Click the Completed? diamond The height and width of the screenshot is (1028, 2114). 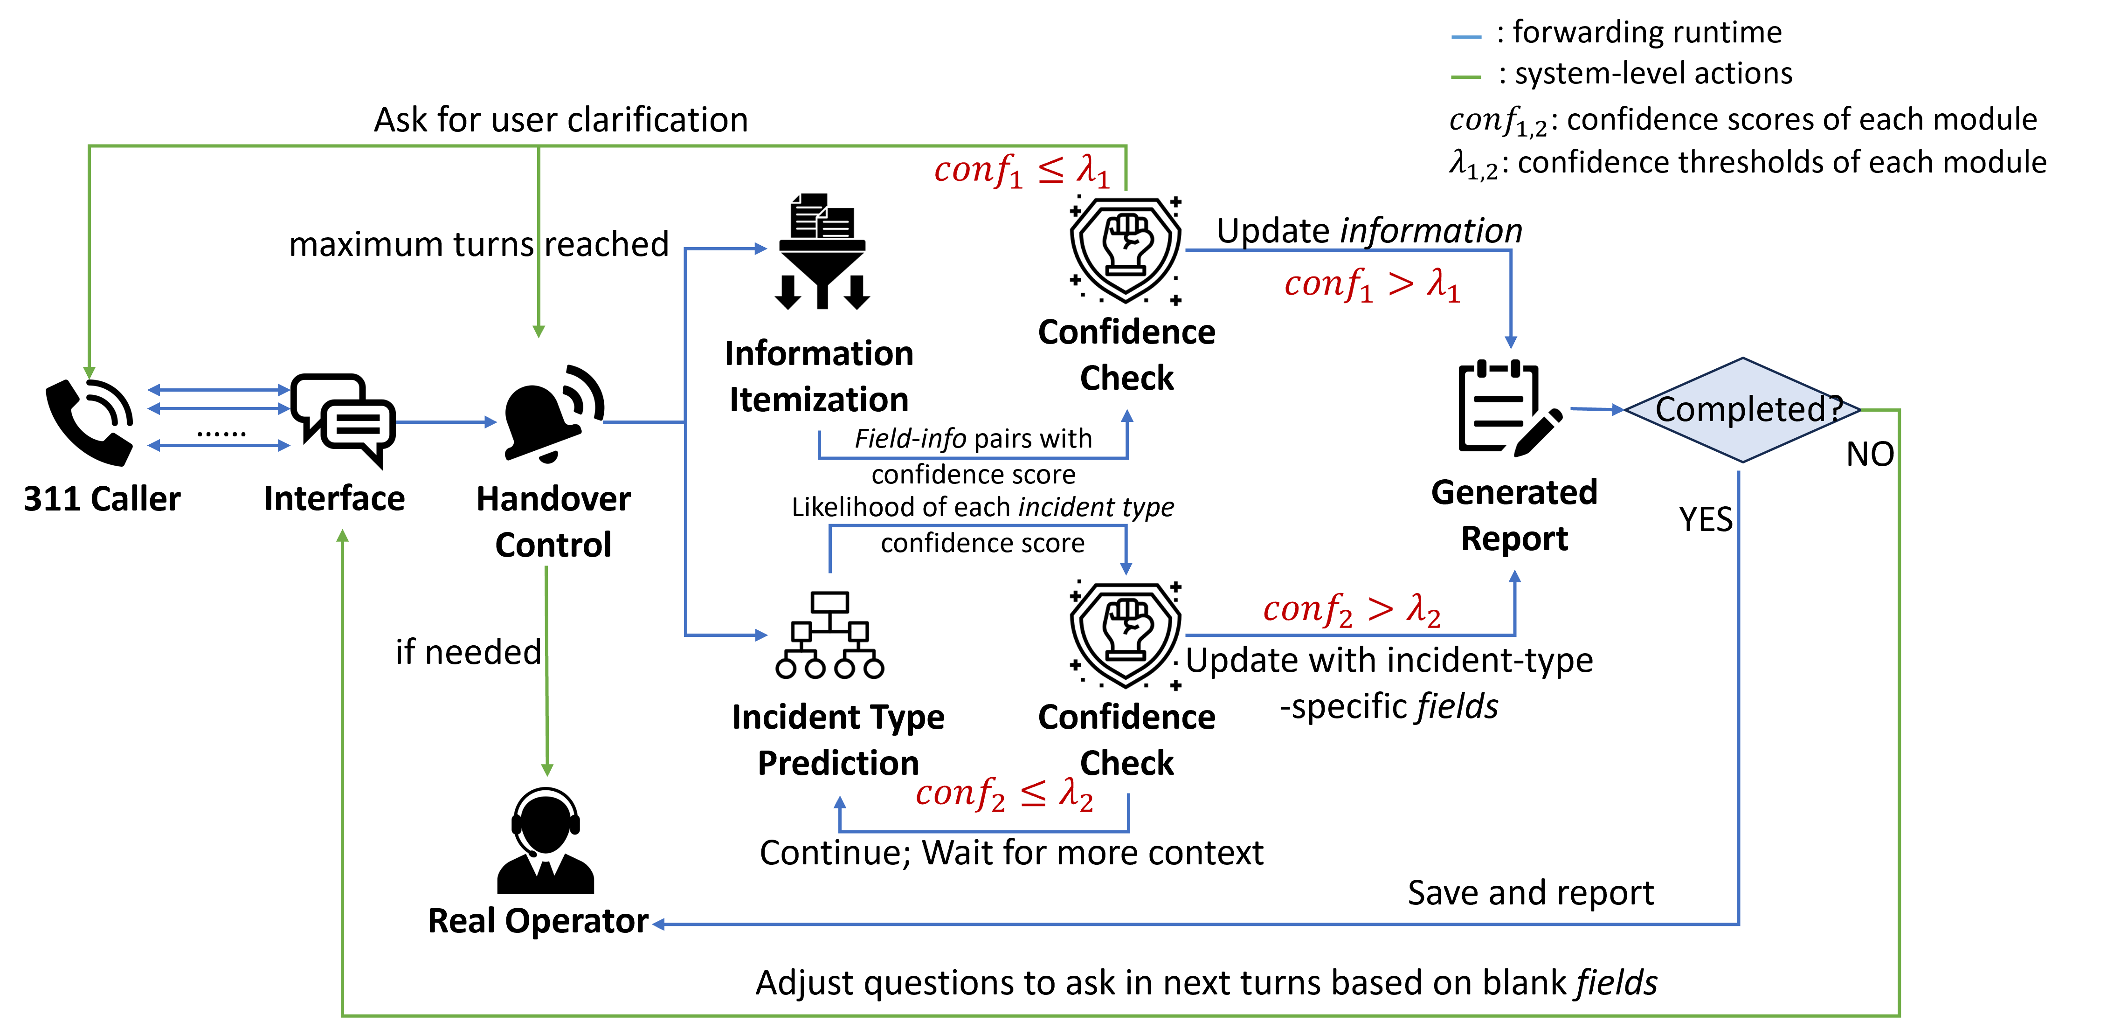pyautogui.click(x=1742, y=409)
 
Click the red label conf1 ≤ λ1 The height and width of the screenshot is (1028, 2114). pyautogui.click(x=1022, y=171)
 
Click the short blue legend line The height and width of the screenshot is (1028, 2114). pyautogui.click(x=1466, y=37)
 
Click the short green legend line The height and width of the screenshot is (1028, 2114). pyautogui.click(x=1466, y=77)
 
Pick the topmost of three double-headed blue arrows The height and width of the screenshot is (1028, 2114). pyautogui.click(x=218, y=390)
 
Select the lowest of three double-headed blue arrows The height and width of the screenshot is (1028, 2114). pyautogui.click(x=218, y=446)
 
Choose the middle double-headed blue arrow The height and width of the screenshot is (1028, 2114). pyautogui.click(x=218, y=408)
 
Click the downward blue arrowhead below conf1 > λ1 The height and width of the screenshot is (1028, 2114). pyautogui.click(x=1511, y=342)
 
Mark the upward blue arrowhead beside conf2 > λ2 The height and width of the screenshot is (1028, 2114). pyautogui.click(x=1515, y=577)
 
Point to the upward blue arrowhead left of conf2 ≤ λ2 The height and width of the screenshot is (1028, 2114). pyautogui.click(x=840, y=801)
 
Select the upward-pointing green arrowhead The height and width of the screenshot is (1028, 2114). pyautogui.click(x=343, y=536)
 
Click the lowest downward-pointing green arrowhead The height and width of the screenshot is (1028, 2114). pyautogui.click(x=547, y=770)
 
